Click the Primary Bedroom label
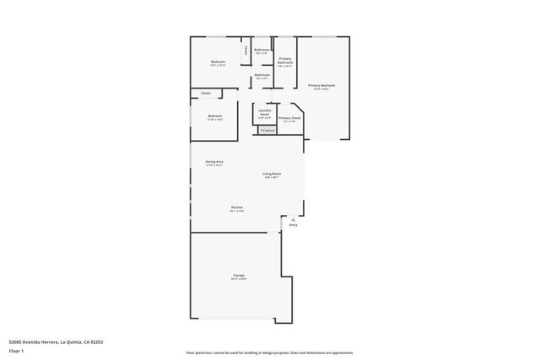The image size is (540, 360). click(x=321, y=85)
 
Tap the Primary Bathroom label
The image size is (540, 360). click(x=285, y=60)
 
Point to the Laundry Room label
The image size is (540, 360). click(x=264, y=111)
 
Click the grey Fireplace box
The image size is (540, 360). click(x=267, y=131)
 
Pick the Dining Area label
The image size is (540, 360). click(x=214, y=161)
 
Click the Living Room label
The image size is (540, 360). click(x=272, y=174)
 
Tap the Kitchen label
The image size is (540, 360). click(x=238, y=207)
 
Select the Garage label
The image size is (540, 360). click(x=239, y=276)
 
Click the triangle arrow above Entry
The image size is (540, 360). click(x=293, y=218)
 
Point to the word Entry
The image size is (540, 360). click(x=293, y=225)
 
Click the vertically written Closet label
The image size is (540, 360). click(x=246, y=51)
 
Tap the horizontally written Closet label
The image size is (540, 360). click(x=205, y=93)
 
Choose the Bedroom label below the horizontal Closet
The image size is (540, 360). click(x=215, y=116)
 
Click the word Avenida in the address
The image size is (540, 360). click(x=30, y=341)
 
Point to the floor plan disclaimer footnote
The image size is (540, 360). click(x=270, y=352)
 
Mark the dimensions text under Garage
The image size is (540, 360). click(x=239, y=279)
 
